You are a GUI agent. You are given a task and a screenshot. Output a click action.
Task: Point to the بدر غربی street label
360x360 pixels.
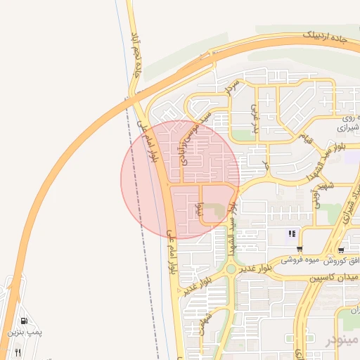[x=257, y=120]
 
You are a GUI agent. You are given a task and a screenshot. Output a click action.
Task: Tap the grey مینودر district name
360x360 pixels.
[x=342, y=341]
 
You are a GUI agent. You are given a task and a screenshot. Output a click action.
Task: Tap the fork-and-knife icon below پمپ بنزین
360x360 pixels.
[x=18, y=352]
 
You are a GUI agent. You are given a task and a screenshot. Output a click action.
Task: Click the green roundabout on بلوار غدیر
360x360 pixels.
[x=231, y=268]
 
